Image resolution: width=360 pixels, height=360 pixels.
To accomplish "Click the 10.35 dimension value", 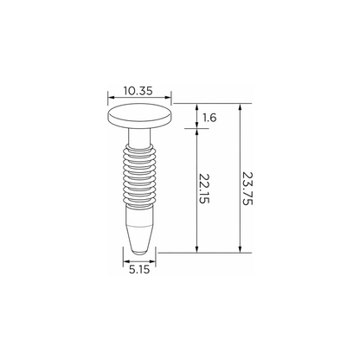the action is tap(138, 91).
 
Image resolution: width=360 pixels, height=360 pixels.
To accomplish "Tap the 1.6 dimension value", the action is tap(209, 118).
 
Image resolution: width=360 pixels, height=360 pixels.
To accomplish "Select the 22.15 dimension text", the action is tap(204, 189).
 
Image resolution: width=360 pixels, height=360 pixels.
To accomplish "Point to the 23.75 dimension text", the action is tap(247, 189).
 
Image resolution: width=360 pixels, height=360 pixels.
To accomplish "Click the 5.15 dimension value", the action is tap(139, 269).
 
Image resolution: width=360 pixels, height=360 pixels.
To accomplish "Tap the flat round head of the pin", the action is tap(139, 115).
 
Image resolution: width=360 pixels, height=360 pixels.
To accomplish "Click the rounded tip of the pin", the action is tap(139, 251).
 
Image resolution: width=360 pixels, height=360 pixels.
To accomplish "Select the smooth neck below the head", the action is tap(139, 137).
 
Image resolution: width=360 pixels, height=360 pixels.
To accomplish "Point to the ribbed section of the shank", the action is tap(139, 176).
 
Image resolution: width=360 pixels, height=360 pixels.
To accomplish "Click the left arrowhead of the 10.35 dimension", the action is tap(111, 97).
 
